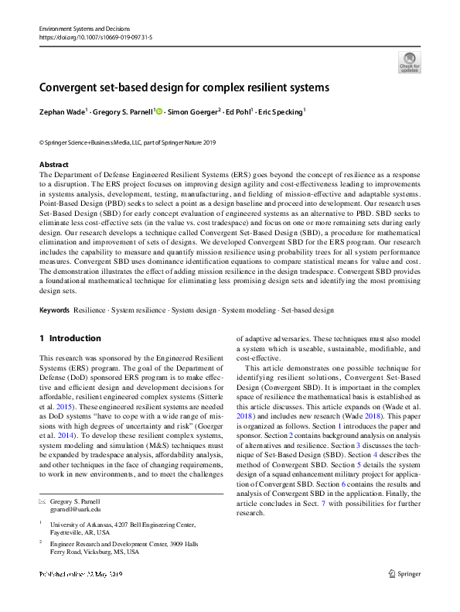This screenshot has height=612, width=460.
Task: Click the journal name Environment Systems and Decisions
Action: click(79, 27)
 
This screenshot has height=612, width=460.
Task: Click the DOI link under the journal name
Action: click(88, 36)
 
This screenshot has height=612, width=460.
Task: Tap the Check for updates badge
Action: click(410, 61)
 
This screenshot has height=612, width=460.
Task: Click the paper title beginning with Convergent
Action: click(185, 87)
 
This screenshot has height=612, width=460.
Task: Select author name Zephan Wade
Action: click(61, 111)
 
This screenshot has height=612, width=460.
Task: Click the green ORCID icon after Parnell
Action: click(159, 111)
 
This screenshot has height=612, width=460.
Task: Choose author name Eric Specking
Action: click(284, 111)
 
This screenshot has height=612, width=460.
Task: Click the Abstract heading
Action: click(53, 165)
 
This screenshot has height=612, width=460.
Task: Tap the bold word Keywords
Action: click(54, 310)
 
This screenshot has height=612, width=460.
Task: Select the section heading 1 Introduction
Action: click(70, 338)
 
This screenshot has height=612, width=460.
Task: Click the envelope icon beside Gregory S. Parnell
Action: click(43, 501)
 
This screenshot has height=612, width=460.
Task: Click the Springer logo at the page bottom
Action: click(405, 574)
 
